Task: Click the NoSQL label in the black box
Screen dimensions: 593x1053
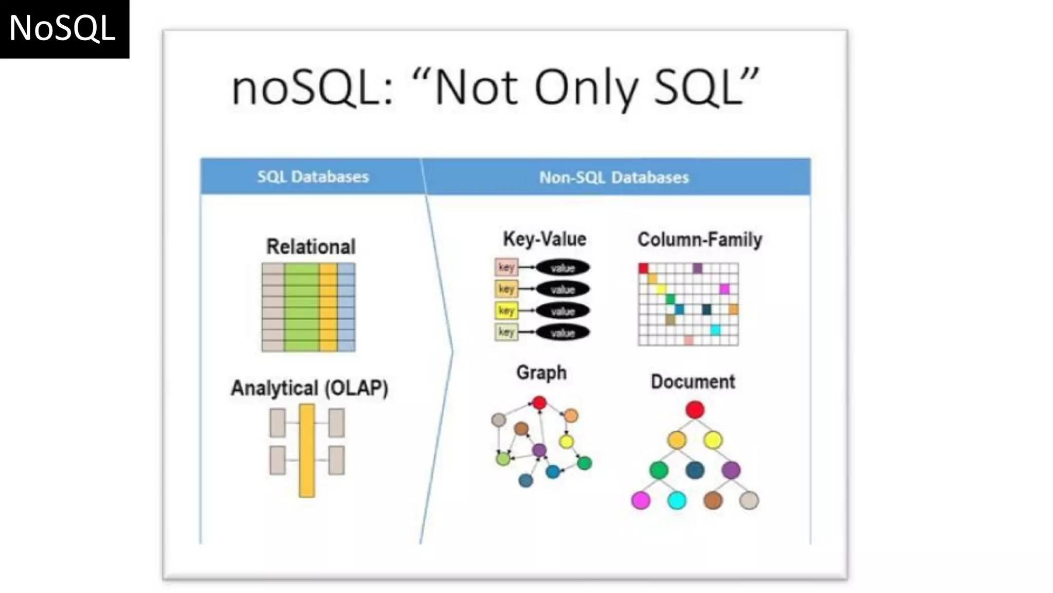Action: point(62,28)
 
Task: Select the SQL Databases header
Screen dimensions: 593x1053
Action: point(313,177)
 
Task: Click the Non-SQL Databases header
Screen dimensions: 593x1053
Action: point(614,178)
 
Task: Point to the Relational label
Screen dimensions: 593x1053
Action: point(311,247)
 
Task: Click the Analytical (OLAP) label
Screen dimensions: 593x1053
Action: point(309,388)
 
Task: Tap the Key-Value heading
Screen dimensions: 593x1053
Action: point(544,239)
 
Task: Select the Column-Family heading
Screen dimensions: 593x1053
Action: point(699,239)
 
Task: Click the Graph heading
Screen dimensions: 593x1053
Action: point(541,372)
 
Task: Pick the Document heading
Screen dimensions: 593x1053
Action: point(693,381)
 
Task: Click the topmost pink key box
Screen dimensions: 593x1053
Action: point(506,267)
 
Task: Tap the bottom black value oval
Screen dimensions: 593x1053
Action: point(562,333)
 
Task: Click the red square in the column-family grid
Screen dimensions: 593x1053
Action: point(643,268)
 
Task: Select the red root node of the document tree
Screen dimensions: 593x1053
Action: point(695,410)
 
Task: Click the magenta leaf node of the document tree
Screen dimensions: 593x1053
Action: point(641,500)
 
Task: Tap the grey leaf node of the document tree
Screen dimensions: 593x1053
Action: point(749,500)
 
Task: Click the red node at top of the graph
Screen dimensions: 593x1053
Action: point(539,403)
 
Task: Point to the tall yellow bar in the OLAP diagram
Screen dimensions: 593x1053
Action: point(306,450)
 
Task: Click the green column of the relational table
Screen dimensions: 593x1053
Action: point(301,307)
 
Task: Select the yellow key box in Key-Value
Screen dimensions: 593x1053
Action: point(506,310)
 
